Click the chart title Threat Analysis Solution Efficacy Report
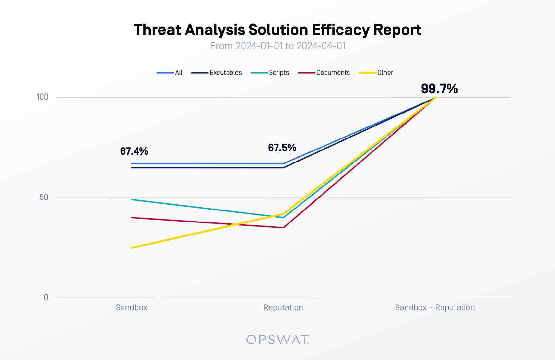pos(277,30)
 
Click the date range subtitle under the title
pos(277,46)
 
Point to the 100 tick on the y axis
pos(42,97)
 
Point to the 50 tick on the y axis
pos(44,197)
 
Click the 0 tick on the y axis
pos(46,297)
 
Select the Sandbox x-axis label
pos(131,307)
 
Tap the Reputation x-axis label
pos(283,307)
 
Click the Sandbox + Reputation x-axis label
pos(435,307)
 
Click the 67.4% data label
pos(134,151)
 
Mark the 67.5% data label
pos(282,148)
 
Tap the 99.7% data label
pos(439,89)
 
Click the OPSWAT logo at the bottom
pos(277,340)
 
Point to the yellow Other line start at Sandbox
pos(132,248)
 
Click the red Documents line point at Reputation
pos(283,228)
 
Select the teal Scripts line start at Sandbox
pos(132,199)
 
